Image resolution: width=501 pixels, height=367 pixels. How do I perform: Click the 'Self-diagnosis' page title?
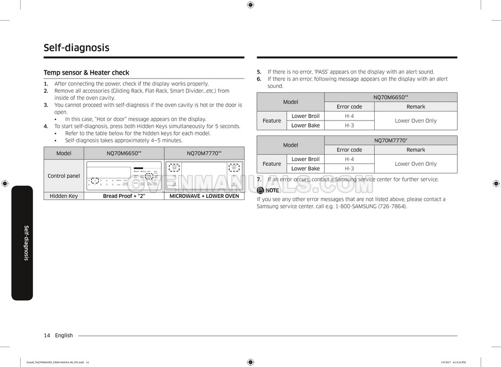[x=76, y=47]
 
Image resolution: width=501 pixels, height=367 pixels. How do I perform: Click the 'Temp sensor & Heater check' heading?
[x=86, y=73]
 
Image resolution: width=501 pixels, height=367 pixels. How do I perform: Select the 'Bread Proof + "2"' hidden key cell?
[x=124, y=196]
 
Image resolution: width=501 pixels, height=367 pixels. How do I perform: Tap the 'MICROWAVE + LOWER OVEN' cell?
[x=204, y=196]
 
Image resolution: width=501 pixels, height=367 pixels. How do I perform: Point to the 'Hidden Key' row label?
[x=63, y=196]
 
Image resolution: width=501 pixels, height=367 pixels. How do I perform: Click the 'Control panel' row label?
[x=63, y=176]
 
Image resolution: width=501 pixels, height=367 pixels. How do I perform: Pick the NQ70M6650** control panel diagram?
[x=124, y=176]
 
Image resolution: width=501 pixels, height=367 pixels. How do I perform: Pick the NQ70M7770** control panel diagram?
[x=204, y=176]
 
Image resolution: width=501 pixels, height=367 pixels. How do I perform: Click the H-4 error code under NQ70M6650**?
[x=349, y=116]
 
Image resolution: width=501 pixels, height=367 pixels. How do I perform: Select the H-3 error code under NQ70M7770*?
[x=349, y=169]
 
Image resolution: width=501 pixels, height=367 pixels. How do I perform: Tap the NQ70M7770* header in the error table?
[x=391, y=140]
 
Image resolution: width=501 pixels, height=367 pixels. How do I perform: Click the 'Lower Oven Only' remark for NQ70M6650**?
[x=416, y=121]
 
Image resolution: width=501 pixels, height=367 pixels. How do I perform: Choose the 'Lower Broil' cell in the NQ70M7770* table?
[x=306, y=159]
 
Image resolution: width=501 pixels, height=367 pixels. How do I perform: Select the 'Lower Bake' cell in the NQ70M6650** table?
[x=306, y=125]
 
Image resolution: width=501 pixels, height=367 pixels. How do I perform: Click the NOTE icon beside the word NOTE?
[x=260, y=190]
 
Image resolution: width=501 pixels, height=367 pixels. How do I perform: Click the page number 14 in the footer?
[x=47, y=336]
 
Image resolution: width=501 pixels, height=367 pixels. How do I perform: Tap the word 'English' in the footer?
[x=63, y=336]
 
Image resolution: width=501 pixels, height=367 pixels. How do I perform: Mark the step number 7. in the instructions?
[x=259, y=179]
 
